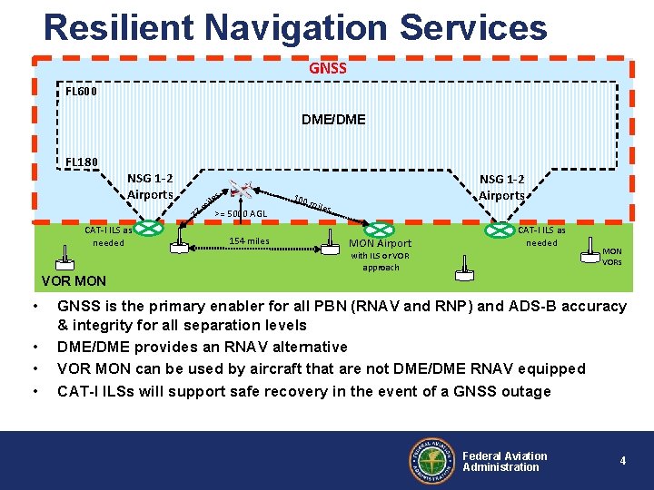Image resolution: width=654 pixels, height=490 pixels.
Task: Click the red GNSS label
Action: pyautogui.click(x=327, y=68)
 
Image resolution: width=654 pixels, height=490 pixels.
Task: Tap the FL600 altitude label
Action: pyautogui.click(x=82, y=91)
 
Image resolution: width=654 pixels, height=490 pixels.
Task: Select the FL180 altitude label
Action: pyautogui.click(x=82, y=162)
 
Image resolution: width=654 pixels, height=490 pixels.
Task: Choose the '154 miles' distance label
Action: pyautogui.click(x=249, y=241)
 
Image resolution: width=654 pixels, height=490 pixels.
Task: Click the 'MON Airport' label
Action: pyautogui.click(x=381, y=243)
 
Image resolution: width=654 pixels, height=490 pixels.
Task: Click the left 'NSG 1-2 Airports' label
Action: pyautogui.click(x=150, y=186)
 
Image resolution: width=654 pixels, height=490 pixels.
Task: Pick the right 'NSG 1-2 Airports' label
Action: pyautogui.click(x=502, y=187)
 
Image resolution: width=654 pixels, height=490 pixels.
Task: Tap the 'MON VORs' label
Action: pyautogui.click(x=612, y=257)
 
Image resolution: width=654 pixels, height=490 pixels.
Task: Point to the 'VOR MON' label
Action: pyautogui.click(x=74, y=280)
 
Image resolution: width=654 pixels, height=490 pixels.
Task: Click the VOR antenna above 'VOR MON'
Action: pyautogui.click(x=64, y=261)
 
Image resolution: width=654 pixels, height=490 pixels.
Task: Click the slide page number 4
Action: pyautogui.click(x=622, y=461)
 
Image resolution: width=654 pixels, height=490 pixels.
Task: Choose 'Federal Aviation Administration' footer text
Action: pyautogui.click(x=505, y=461)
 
